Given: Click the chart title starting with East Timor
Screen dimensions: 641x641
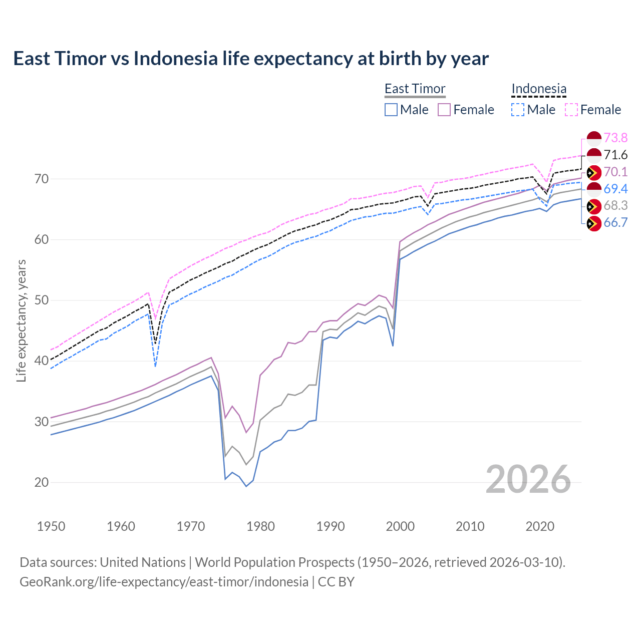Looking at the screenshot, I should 251,59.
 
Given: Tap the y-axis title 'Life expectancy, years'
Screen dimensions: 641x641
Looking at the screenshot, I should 21,320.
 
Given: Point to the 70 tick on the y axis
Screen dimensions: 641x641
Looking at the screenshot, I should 42,179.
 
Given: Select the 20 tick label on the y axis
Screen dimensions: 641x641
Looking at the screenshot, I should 42,482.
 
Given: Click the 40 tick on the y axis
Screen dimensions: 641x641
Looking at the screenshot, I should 42,361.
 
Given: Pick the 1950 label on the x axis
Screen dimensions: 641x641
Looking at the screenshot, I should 51,526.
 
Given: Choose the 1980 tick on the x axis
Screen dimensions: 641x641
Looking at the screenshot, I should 261,526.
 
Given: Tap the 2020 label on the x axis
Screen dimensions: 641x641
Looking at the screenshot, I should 540,526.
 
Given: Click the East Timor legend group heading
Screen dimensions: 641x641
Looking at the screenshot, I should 415,89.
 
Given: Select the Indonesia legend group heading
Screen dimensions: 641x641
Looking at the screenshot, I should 539,89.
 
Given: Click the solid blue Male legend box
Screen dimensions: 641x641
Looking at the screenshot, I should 391,110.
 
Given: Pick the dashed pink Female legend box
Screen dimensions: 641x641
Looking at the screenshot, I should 571,110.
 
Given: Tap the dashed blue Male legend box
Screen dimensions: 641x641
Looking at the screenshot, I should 518,110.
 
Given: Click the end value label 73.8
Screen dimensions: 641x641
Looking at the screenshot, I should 615,138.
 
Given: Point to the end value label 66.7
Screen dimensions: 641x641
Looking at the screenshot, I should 615,223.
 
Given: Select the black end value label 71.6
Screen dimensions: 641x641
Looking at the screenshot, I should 615,155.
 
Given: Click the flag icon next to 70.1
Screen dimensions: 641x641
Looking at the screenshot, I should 593,172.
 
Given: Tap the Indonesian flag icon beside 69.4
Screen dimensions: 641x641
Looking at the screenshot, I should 593,189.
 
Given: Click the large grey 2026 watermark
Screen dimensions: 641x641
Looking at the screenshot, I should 528,479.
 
